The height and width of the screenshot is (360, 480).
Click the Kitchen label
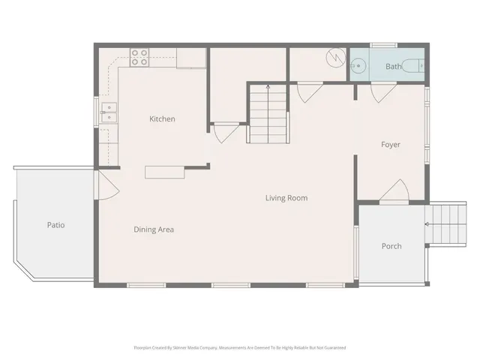tap(162, 118)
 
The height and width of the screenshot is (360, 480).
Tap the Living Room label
tap(286, 198)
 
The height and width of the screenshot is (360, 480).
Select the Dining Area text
tap(154, 229)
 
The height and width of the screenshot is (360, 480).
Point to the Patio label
tap(55, 224)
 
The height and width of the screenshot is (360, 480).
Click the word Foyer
tap(390, 145)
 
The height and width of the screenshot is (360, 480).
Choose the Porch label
tap(391, 246)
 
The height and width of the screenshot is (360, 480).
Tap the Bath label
tap(393, 67)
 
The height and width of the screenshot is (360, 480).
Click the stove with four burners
tap(139, 58)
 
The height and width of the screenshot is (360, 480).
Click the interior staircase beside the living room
tap(268, 112)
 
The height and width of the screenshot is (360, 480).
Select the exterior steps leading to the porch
tap(446, 223)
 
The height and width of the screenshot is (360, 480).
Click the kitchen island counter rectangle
tap(166, 172)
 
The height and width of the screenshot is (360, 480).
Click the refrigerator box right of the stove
tap(191, 58)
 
